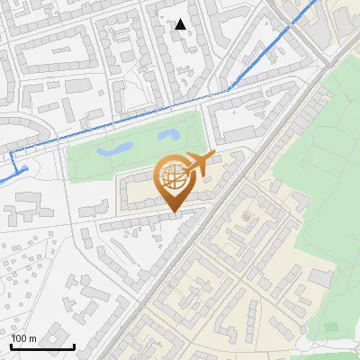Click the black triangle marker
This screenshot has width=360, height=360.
181,24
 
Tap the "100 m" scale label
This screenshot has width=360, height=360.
23,338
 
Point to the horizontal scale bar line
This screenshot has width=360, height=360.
42,346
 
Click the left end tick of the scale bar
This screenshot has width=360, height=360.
12,345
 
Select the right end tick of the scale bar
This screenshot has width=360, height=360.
74,345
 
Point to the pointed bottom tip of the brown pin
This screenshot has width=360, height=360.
174,213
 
